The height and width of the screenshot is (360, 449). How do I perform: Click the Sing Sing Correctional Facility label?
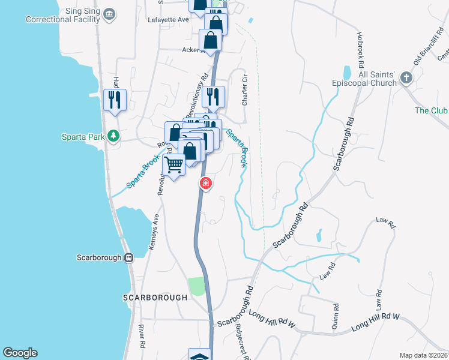(x=62, y=15)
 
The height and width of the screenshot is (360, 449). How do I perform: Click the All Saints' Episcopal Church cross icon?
(x=407, y=77)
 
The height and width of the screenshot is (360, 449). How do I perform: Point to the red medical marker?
(x=205, y=183)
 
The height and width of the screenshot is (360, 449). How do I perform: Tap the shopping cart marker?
(x=174, y=164)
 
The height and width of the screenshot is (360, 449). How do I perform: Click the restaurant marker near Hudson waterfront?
(x=113, y=99)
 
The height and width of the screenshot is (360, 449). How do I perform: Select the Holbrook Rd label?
(x=361, y=49)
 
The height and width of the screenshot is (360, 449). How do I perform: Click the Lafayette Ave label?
(x=168, y=20)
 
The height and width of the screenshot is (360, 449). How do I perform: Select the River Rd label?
(x=142, y=337)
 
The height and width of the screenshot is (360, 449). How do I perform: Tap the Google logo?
(x=20, y=353)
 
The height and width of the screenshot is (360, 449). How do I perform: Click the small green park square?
(x=196, y=286)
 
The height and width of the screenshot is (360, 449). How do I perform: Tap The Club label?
(x=431, y=110)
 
